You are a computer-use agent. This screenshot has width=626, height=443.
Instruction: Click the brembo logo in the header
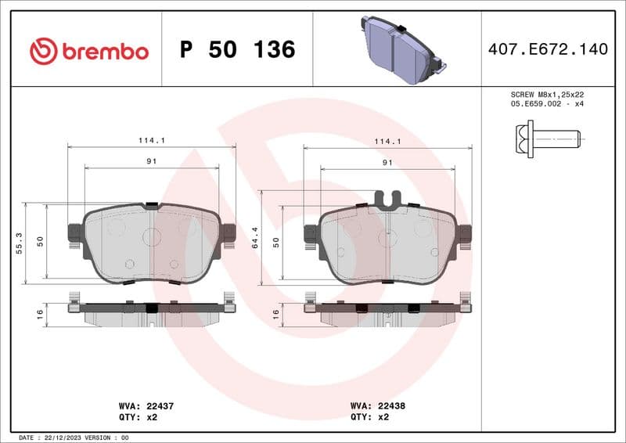tap(88, 52)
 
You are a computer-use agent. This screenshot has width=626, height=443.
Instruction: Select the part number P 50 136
tap(237, 50)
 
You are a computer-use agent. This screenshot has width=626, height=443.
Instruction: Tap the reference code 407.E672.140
tap(547, 49)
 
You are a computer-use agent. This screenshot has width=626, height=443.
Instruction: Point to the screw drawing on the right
tap(549, 140)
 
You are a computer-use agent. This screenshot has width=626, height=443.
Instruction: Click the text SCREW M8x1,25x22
tap(548, 94)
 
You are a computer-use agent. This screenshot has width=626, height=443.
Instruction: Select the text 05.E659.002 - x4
tap(548, 103)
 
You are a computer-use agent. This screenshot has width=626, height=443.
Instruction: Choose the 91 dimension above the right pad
tap(387, 162)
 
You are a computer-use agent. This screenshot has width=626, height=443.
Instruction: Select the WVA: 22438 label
tap(377, 407)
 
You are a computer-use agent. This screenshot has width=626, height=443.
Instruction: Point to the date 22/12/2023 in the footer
tap(63, 438)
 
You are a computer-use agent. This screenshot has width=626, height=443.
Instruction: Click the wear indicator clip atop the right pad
tap(387, 199)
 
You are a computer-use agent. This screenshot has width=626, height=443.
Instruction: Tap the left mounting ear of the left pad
tap(75, 233)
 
